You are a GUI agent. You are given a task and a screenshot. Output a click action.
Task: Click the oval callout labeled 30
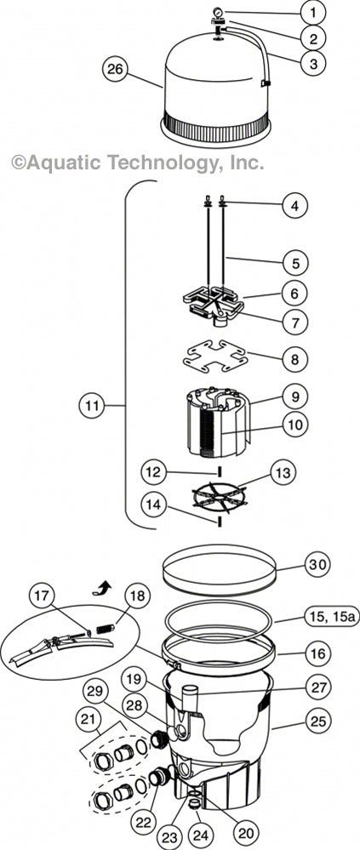[292, 564]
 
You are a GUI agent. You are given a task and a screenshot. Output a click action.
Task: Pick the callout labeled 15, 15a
[317, 616]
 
